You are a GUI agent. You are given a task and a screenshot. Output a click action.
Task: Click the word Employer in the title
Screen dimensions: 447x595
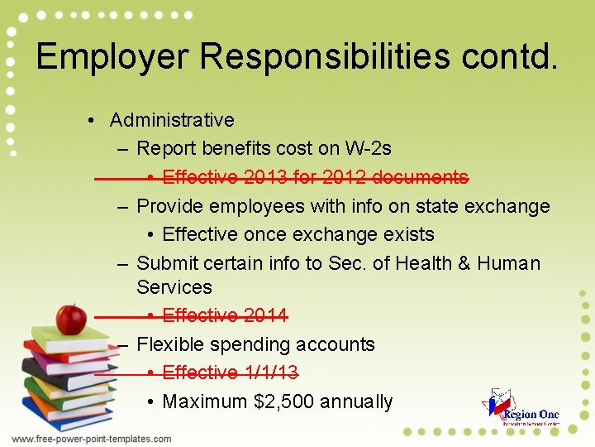pyautogui.click(x=112, y=56)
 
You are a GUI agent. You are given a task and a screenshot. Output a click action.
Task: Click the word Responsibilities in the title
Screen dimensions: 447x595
pyautogui.click(x=325, y=56)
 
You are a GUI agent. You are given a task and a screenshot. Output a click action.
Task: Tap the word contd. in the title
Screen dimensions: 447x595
pyautogui.click(x=510, y=56)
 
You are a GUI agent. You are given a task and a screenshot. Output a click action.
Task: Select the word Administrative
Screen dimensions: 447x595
pyautogui.click(x=172, y=120)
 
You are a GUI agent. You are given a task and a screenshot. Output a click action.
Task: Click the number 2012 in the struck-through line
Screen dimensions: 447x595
pyautogui.click(x=340, y=177)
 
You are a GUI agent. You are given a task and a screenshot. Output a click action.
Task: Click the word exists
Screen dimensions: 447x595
pyautogui.click(x=404, y=234)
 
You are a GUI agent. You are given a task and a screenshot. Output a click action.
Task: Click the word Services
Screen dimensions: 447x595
pyautogui.click(x=174, y=287)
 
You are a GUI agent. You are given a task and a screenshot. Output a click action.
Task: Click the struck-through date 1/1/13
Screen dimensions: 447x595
pyautogui.click(x=271, y=372)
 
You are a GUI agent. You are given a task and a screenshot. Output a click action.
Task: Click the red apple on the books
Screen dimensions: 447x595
pyautogui.click(x=71, y=319)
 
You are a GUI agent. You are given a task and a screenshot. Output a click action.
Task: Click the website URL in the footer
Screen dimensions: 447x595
pyautogui.click(x=91, y=439)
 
